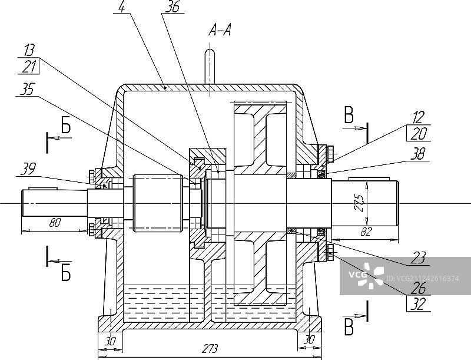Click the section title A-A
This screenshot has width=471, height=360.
coord(220,31)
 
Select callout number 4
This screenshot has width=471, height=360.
coord(122,6)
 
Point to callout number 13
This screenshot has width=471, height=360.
coord(29,50)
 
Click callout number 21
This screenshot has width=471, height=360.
coord(29,67)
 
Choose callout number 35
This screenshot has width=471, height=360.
coord(27,89)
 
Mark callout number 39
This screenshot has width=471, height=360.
coord(28,169)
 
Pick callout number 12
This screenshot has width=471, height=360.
coord(418,117)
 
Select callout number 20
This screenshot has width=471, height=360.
coord(419,134)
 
